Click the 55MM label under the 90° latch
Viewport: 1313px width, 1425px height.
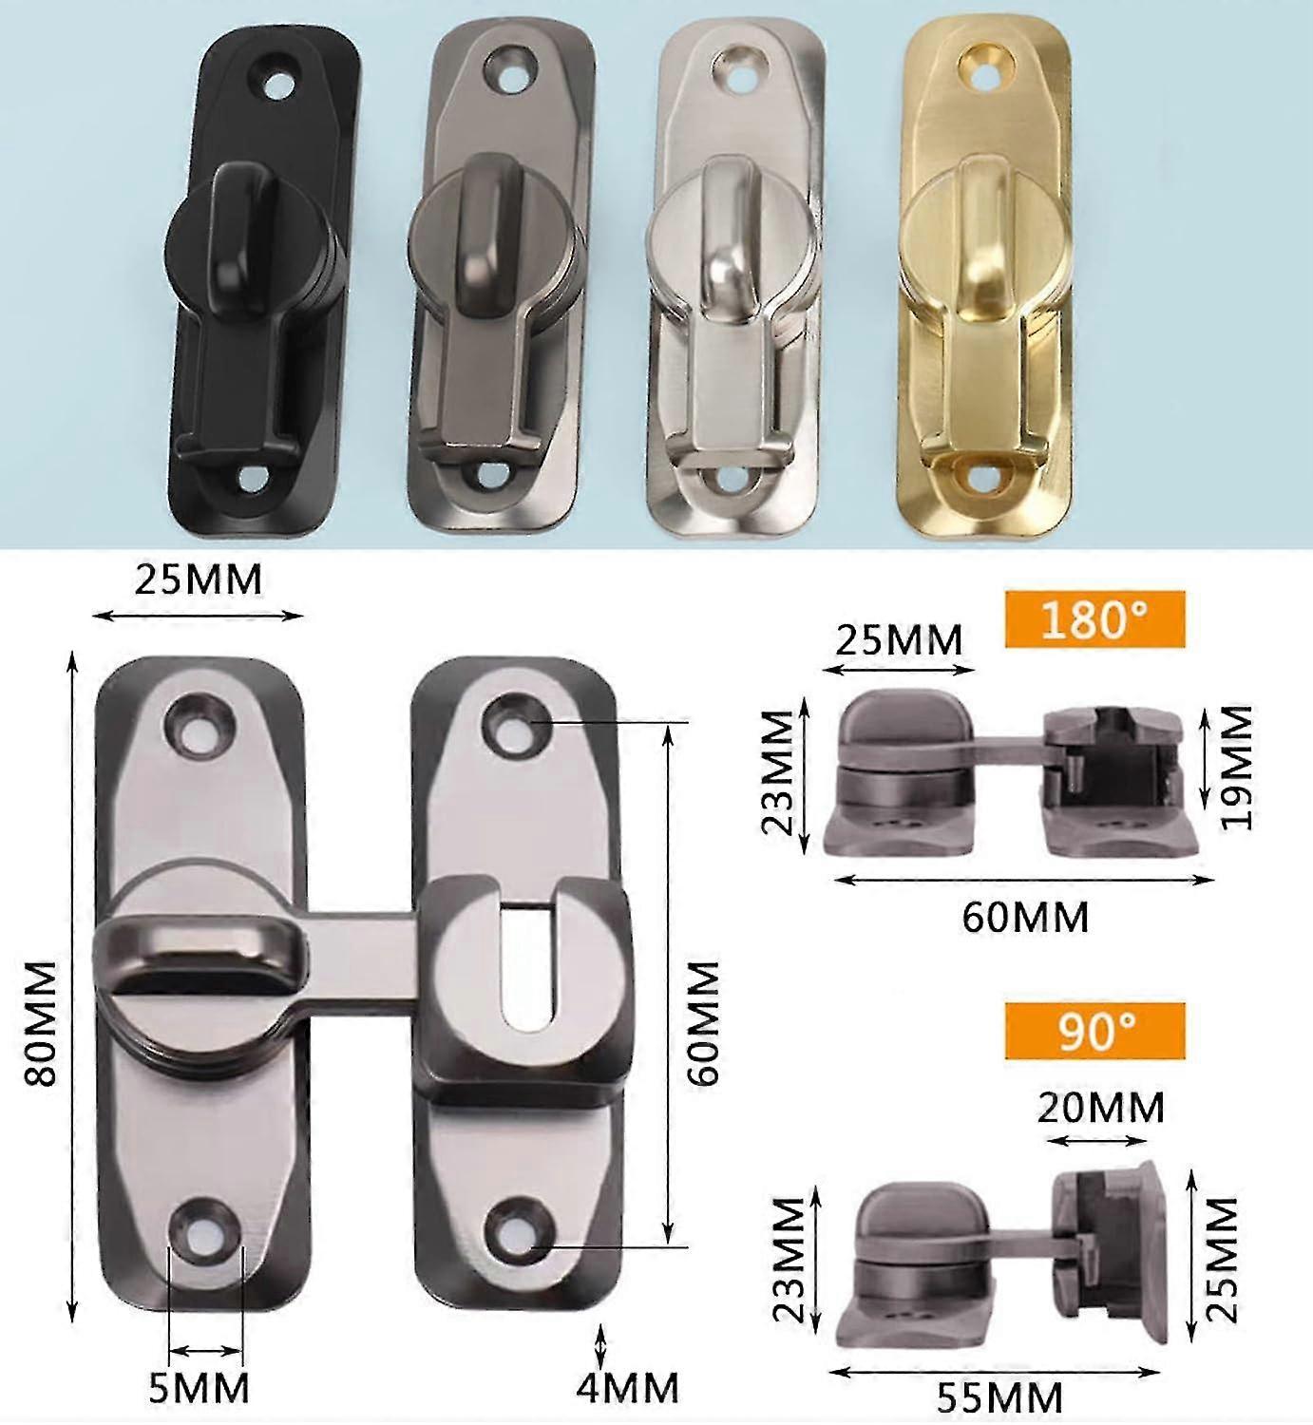(999, 1398)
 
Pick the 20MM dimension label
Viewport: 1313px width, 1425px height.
(1100, 1108)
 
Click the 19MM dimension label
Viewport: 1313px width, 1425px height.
(1237, 767)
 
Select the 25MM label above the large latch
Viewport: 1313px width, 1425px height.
(198, 579)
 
